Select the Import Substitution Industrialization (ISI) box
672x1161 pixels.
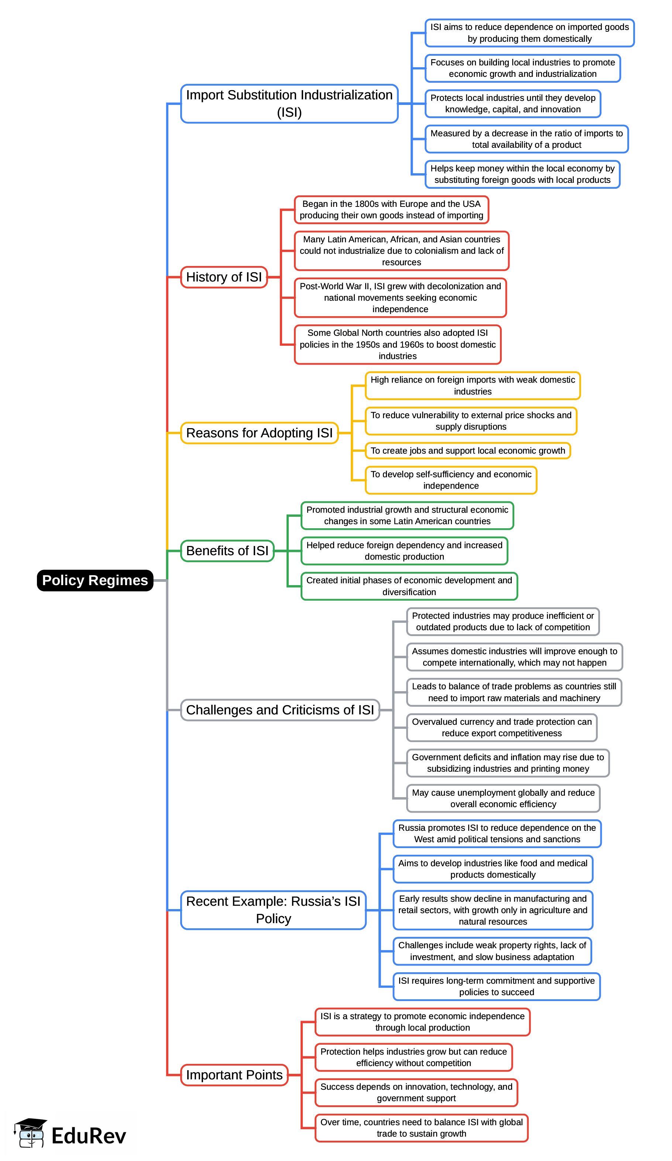pos(289,104)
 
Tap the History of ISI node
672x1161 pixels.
pos(224,277)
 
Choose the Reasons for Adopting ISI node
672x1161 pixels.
pos(259,433)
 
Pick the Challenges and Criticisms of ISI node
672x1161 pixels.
pos(280,710)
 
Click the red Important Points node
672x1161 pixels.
pos(234,1075)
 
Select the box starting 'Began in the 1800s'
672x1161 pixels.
pos(391,209)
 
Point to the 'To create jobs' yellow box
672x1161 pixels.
pos(467,451)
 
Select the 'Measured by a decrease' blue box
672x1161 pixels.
pos(527,139)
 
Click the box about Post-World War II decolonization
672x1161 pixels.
pos(400,298)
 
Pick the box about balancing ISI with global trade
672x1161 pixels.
pos(421,1128)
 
